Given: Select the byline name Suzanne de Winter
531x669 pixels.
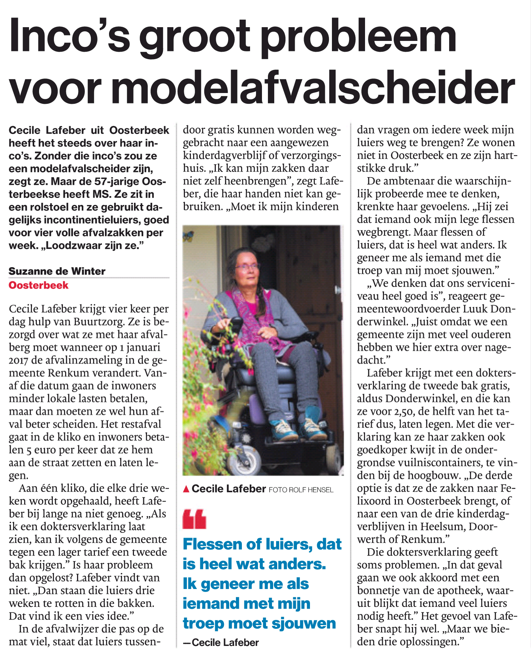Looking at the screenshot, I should [x=57, y=271].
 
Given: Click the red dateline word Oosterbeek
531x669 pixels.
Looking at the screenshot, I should [x=38, y=285].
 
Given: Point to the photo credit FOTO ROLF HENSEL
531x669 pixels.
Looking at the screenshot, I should [x=301, y=490].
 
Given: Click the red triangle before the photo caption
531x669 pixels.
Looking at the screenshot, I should [x=186, y=489].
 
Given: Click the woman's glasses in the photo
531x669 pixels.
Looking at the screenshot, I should [x=246, y=266].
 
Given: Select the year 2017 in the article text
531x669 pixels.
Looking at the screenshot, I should [x=19, y=360].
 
